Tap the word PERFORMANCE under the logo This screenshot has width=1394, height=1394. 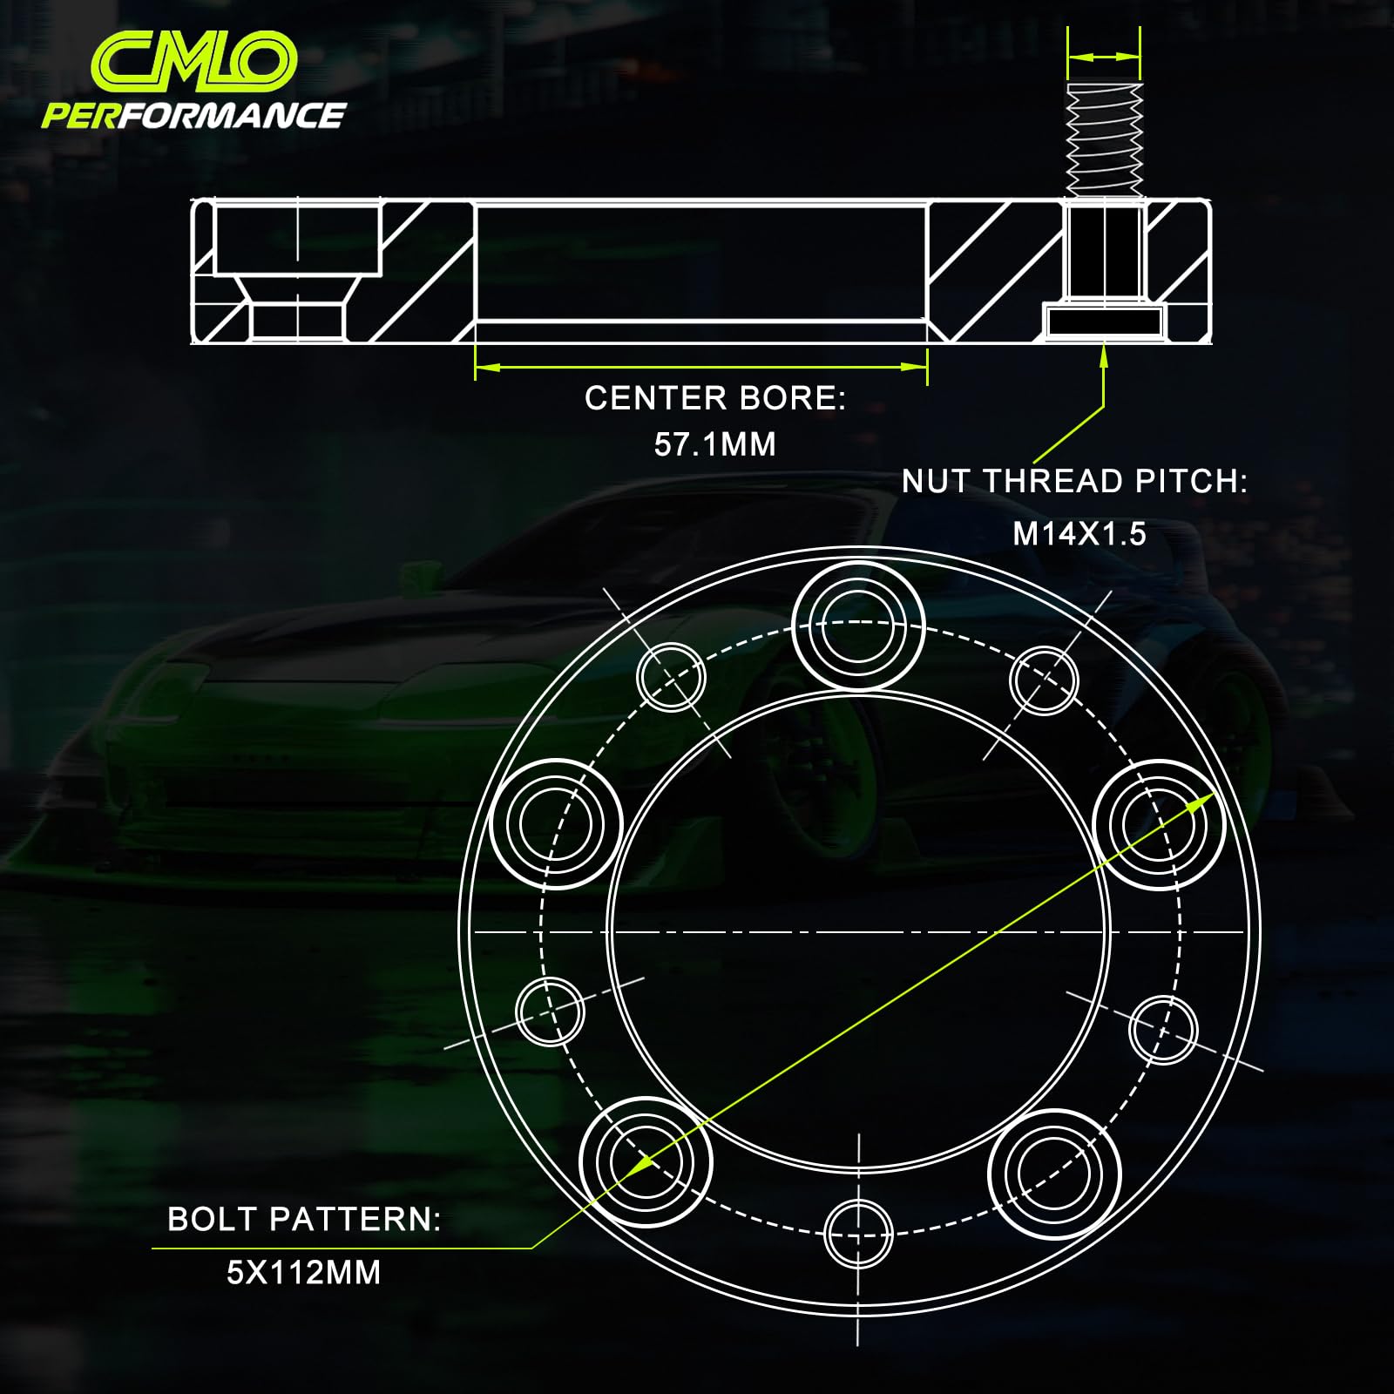click(x=193, y=116)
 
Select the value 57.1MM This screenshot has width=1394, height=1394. click(x=714, y=444)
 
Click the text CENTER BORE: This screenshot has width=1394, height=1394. click(x=714, y=398)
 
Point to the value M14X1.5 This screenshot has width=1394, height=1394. click(x=1079, y=533)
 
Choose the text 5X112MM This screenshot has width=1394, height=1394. click(x=303, y=1273)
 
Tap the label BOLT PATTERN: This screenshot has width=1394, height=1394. click(x=304, y=1219)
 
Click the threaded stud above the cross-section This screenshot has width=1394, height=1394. click(x=1104, y=140)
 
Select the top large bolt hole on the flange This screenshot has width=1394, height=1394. click(x=858, y=626)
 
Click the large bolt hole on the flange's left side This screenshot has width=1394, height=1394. click(x=556, y=823)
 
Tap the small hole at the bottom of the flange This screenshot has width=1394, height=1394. click(x=858, y=1234)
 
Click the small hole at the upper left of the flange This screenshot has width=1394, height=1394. click(x=671, y=677)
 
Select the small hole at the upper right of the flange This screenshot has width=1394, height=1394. click(x=1044, y=680)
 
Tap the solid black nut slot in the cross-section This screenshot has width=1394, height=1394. click(x=1104, y=321)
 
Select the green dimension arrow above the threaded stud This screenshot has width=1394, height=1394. click(x=1104, y=57)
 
